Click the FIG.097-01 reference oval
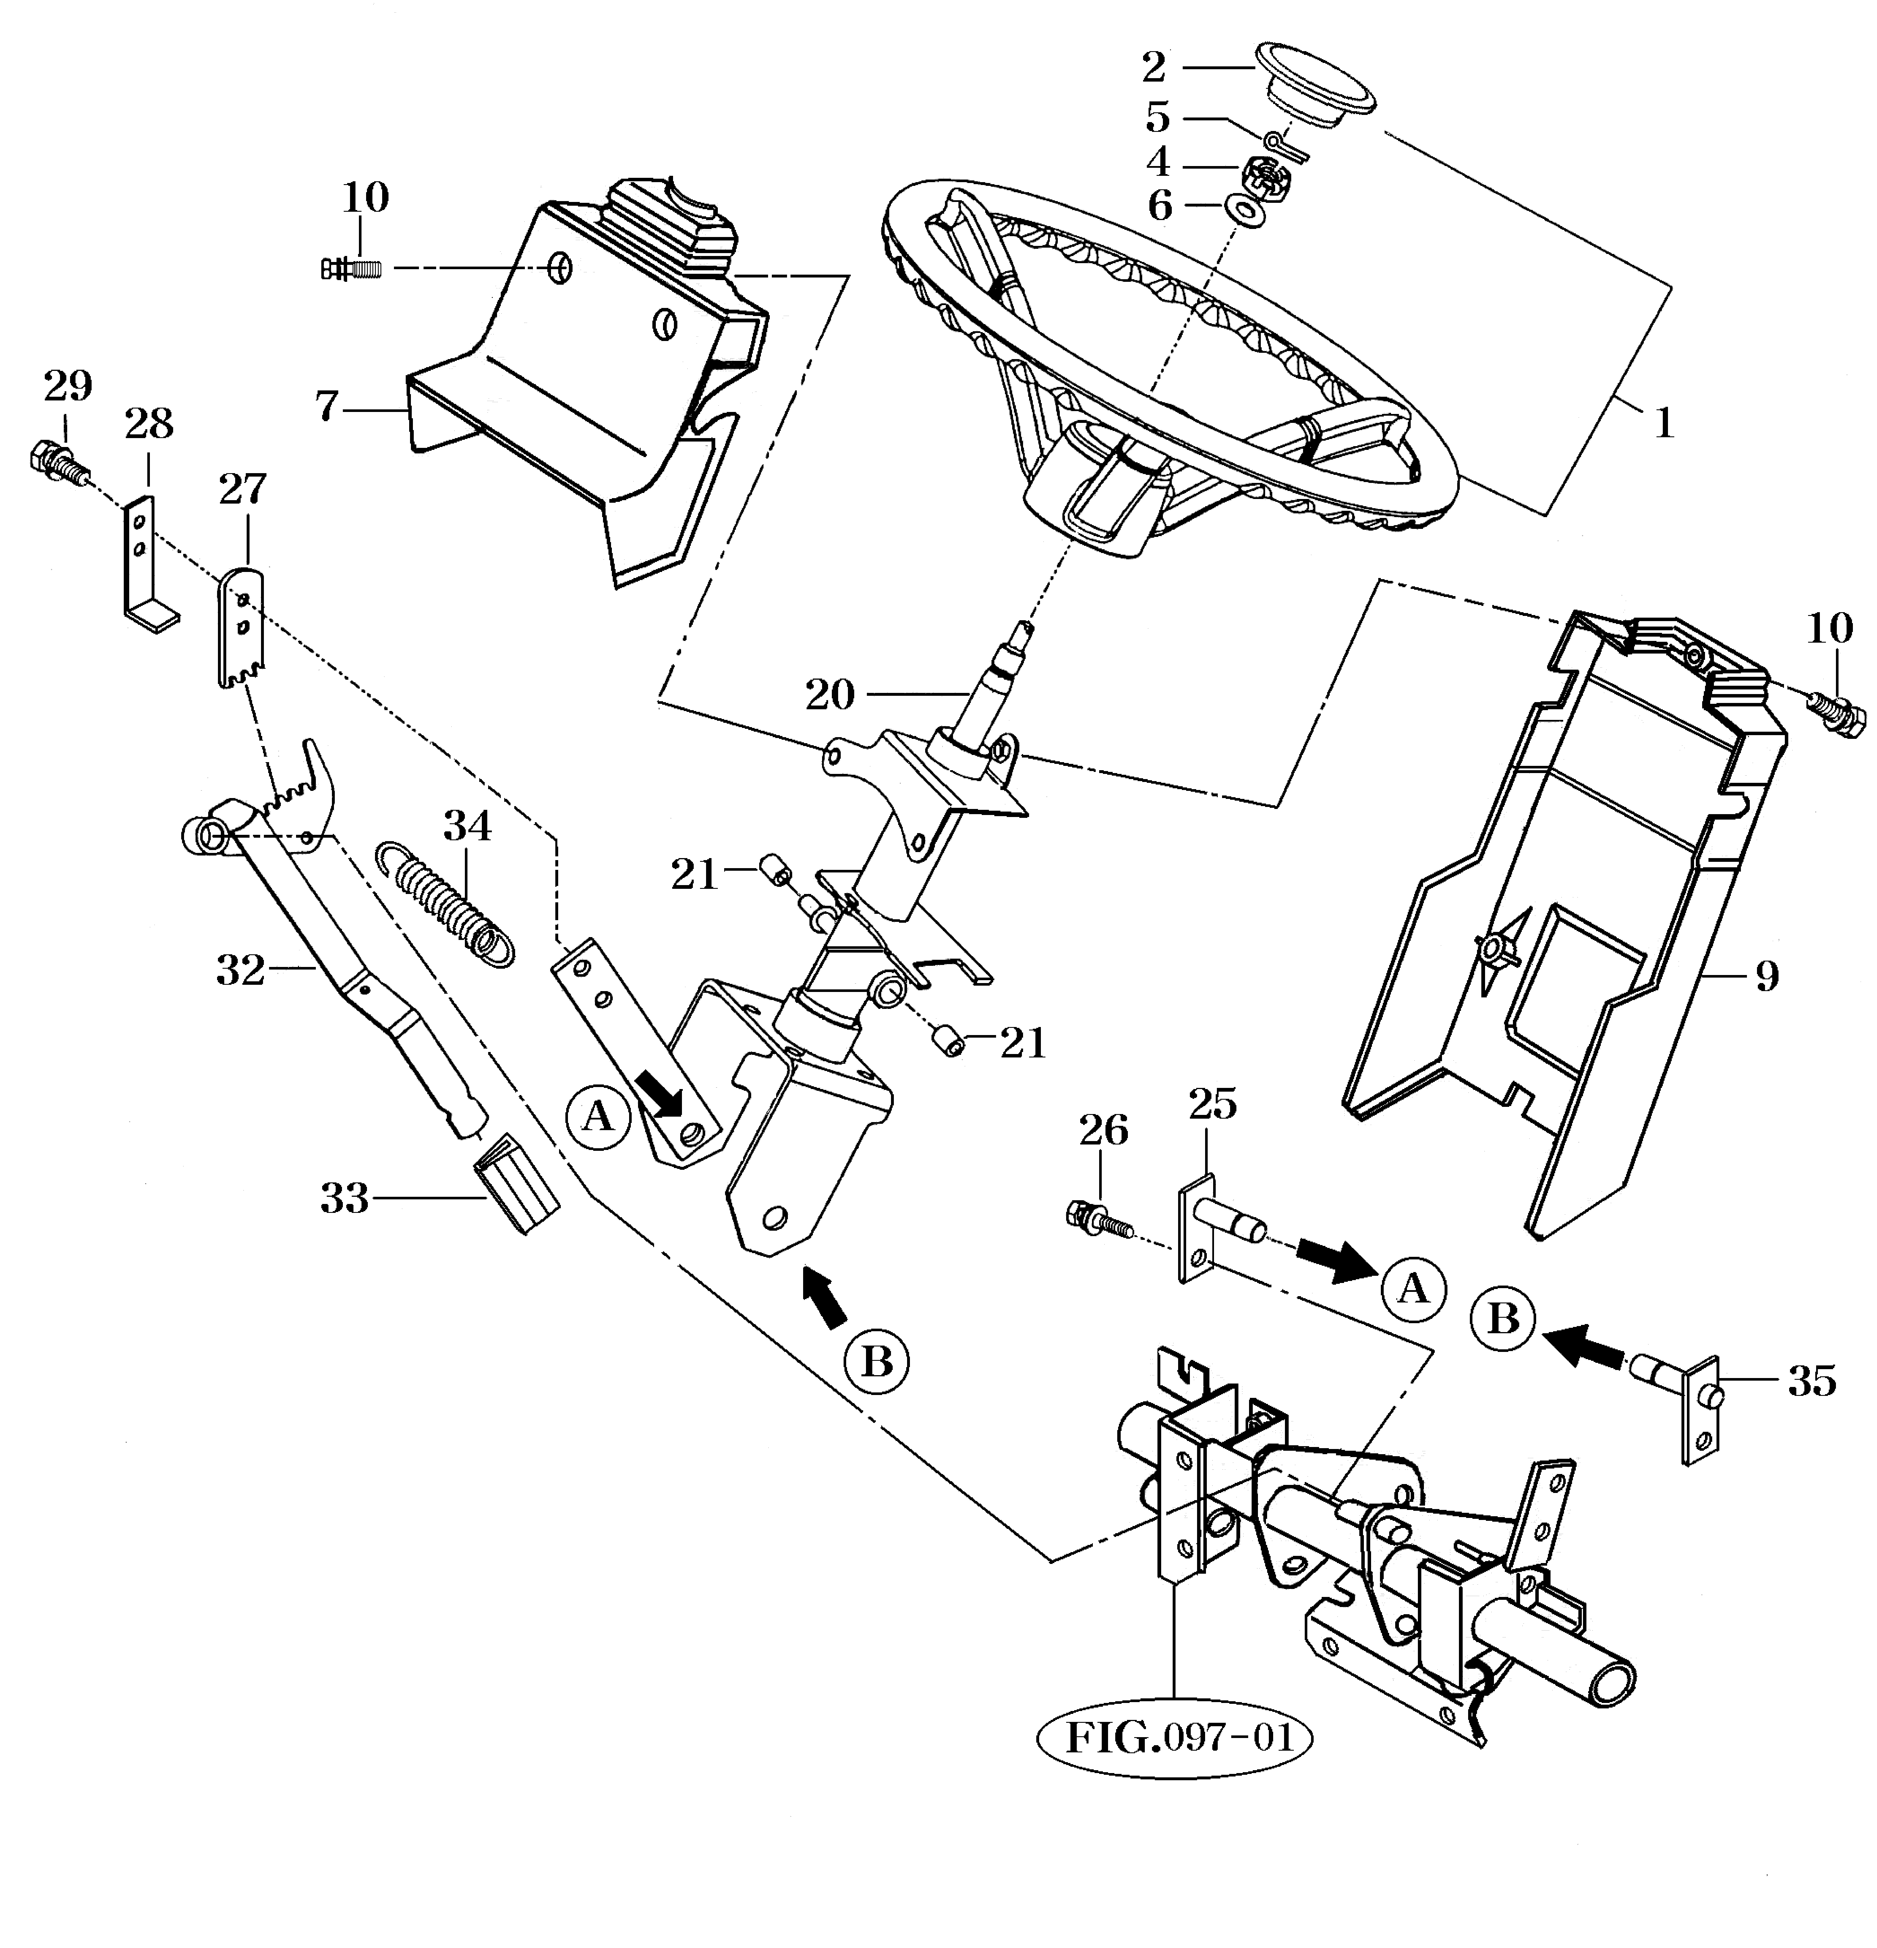pyautogui.click(x=1174, y=1738)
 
